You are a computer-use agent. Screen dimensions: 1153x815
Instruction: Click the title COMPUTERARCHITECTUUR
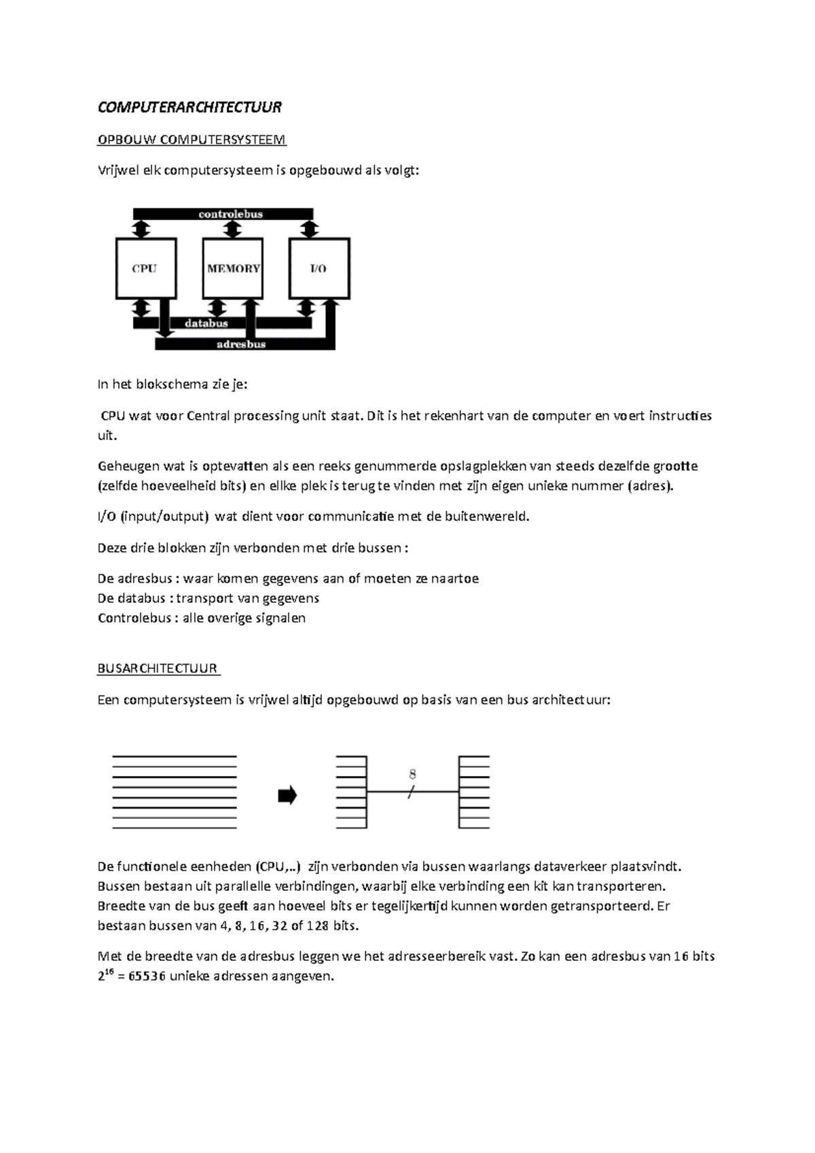pos(189,107)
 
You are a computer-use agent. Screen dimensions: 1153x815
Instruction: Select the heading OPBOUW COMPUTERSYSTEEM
pos(192,140)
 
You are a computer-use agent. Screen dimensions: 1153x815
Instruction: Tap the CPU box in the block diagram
pos(145,268)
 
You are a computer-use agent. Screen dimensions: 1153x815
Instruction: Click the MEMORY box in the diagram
pos(233,268)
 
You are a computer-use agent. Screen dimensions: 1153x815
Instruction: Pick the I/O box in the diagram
pos(319,268)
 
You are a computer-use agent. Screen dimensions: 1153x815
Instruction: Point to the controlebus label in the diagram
pos(230,214)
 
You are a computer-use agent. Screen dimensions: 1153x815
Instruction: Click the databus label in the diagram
pos(206,323)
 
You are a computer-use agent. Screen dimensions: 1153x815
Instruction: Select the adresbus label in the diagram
pos(241,344)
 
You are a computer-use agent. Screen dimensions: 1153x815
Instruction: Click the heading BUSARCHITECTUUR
pos(158,669)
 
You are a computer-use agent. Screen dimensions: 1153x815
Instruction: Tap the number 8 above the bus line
pos(413,774)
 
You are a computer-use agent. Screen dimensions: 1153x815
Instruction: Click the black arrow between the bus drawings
pos(287,795)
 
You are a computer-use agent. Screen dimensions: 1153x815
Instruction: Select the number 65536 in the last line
pos(141,977)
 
